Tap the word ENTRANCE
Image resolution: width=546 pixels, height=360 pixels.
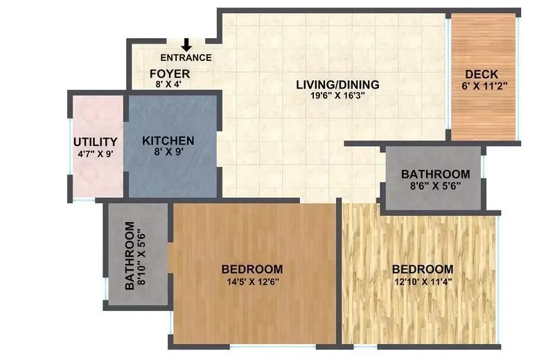pyautogui.click(x=186, y=58)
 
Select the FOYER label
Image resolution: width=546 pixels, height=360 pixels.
pyautogui.click(x=170, y=73)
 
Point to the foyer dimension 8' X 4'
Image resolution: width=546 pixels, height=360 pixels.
pyautogui.click(x=170, y=84)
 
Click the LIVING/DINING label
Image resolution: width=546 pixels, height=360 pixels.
pyautogui.click(x=337, y=85)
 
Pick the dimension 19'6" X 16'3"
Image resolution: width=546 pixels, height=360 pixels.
pyautogui.click(x=337, y=96)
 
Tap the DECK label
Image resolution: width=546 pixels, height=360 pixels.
pyautogui.click(x=482, y=75)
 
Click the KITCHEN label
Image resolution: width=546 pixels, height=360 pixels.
pyautogui.click(x=168, y=141)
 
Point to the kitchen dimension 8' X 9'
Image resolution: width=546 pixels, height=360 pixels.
pyautogui.click(x=168, y=152)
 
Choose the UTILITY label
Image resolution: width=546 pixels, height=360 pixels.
pyautogui.click(x=96, y=143)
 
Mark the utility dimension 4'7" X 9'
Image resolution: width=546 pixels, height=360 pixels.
pyautogui.click(x=96, y=154)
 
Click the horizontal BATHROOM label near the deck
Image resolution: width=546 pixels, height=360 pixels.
pyautogui.click(x=435, y=174)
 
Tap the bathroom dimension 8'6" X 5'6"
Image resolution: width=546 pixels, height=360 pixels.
pyautogui.click(x=435, y=186)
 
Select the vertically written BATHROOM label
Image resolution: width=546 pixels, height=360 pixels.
pyautogui.click(x=130, y=255)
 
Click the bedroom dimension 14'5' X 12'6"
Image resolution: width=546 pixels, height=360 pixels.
pyautogui.click(x=252, y=281)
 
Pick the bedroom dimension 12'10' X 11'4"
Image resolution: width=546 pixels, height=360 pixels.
pyautogui.click(x=423, y=281)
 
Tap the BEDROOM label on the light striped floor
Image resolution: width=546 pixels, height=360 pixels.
pyautogui.click(x=423, y=269)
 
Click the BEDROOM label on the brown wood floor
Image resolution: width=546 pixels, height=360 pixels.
pyautogui.click(x=252, y=269)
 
